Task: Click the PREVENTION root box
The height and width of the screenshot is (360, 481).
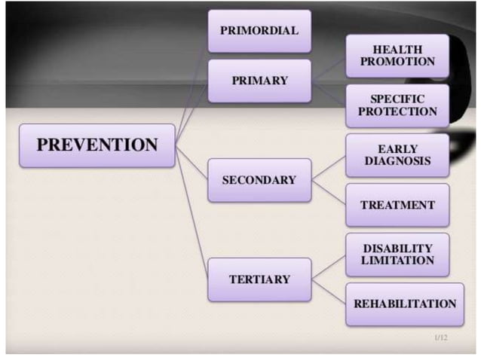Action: coord(97,145)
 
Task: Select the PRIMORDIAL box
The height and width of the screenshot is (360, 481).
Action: coord(259,31)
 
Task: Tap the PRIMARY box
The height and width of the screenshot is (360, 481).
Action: coord(259,81)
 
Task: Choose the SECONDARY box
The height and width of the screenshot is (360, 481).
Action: coord(259,180)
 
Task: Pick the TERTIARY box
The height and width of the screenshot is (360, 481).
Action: coord(259,279)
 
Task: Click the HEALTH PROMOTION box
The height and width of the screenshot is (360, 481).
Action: coord(397,56)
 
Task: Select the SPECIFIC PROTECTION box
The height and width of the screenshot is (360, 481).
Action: coord(397,105)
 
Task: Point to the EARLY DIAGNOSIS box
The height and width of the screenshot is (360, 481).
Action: coord(397,155)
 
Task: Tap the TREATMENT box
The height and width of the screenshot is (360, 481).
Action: coord(397,205)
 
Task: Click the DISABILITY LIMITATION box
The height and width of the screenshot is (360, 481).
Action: coord(397,255)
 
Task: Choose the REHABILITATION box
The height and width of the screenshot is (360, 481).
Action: coord(405,304)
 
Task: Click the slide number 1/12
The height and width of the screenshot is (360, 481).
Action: coord(441,338)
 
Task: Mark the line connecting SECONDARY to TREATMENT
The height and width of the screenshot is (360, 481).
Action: coord(329,192)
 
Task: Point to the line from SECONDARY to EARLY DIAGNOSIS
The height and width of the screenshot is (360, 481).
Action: coord(329,168)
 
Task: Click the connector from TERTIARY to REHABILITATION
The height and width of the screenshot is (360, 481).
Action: coord(329,291)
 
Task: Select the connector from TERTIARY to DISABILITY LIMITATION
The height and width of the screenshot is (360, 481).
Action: coord(329,267)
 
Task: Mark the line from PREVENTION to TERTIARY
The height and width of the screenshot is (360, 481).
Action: coord(191,211)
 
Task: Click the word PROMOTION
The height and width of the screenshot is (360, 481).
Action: coord(397,62)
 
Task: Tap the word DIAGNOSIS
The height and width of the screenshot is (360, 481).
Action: coord(397,161)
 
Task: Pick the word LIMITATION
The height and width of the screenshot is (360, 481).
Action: coord(397,261)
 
